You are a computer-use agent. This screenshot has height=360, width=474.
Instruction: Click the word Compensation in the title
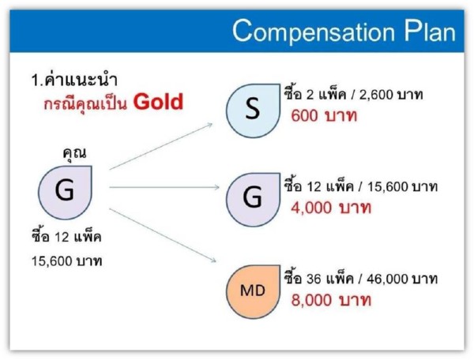314,32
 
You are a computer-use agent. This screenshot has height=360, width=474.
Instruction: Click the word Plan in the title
431,31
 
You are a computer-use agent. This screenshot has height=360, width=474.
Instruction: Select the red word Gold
159,102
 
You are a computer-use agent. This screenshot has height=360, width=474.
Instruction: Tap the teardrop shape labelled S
253,111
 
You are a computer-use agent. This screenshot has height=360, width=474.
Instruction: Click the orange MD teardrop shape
253,292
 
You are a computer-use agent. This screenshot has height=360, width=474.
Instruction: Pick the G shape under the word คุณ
65,193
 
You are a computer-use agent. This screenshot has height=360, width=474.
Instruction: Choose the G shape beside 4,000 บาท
253,200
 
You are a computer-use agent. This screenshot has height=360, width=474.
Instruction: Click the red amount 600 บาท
324,116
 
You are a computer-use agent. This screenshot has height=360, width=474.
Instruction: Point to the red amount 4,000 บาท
331,208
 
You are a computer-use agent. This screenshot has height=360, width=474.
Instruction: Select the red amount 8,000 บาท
331,300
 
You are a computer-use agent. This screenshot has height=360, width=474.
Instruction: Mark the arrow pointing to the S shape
161,146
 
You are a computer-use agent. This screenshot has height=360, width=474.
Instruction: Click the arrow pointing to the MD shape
163,235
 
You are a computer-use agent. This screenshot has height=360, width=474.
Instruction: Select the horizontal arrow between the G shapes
164,188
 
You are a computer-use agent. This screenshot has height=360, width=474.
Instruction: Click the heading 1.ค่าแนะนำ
74,80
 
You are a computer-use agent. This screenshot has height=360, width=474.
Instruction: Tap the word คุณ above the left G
74,153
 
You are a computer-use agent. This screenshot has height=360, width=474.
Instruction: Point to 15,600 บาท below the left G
67,261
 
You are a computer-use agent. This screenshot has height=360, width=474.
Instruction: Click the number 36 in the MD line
314,279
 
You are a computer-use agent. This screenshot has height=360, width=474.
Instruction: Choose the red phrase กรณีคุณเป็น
86,103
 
